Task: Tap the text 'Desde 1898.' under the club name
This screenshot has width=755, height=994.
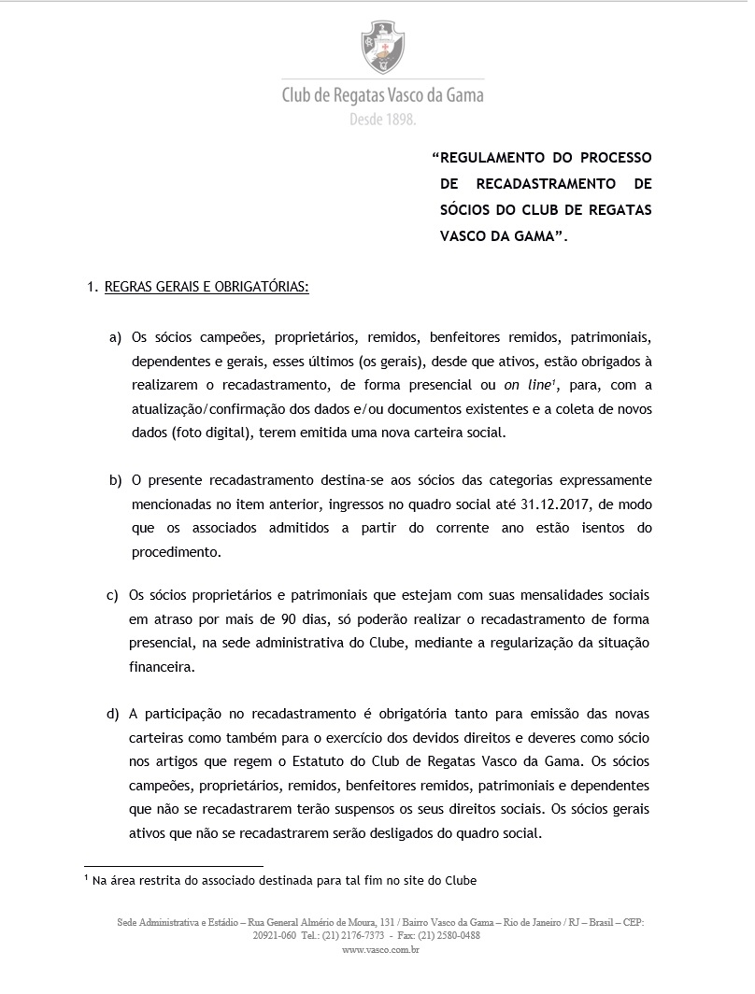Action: [x=382, y=121]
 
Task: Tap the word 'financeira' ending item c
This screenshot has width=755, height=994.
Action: [x=163, y=668]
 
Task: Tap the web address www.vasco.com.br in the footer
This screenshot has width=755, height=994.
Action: [x=380, y=949]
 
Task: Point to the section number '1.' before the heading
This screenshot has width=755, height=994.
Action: [x=93, y=288]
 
